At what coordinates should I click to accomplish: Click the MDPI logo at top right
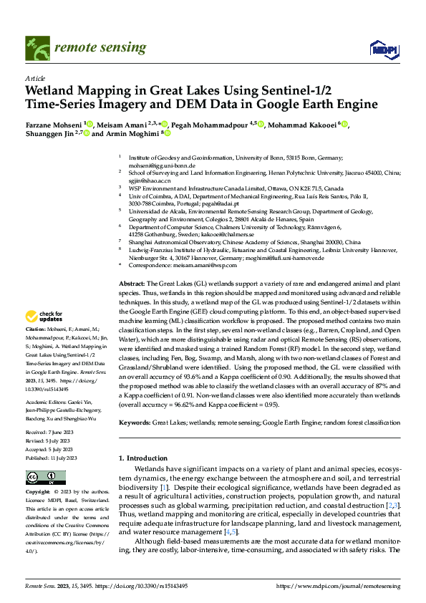(379, 48)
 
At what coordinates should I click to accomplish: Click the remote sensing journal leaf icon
(35, 48)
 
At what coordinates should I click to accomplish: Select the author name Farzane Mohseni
(54, 124)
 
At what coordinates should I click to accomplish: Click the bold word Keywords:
(135, 423)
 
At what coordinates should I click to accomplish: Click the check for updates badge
(44, 316)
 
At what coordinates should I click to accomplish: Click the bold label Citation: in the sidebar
(35, 329)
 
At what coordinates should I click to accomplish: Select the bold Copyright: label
(37, 493)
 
